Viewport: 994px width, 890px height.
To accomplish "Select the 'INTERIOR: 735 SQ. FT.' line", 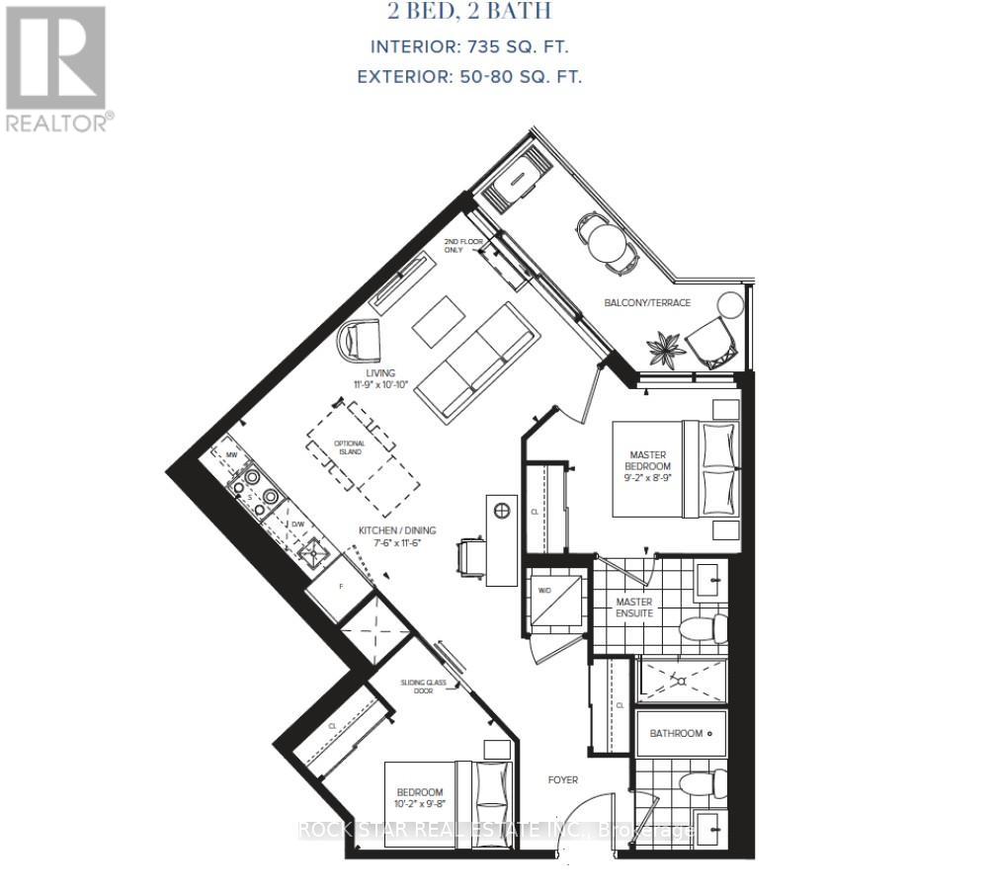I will pos(469,46).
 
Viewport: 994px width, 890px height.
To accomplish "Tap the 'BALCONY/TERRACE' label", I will pos(647,302).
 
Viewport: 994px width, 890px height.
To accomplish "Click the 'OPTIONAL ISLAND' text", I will pos(350,448).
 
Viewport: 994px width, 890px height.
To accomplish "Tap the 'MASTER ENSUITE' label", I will pos(633,607).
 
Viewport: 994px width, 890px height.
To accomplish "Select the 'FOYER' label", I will pos(562,780).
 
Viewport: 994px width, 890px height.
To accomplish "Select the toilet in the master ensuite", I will pos(704,627).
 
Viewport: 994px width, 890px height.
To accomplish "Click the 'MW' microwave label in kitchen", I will pos(231,455).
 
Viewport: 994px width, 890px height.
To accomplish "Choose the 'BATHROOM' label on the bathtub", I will pos(677,734).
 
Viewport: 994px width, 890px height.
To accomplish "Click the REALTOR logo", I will pos(55,67).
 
